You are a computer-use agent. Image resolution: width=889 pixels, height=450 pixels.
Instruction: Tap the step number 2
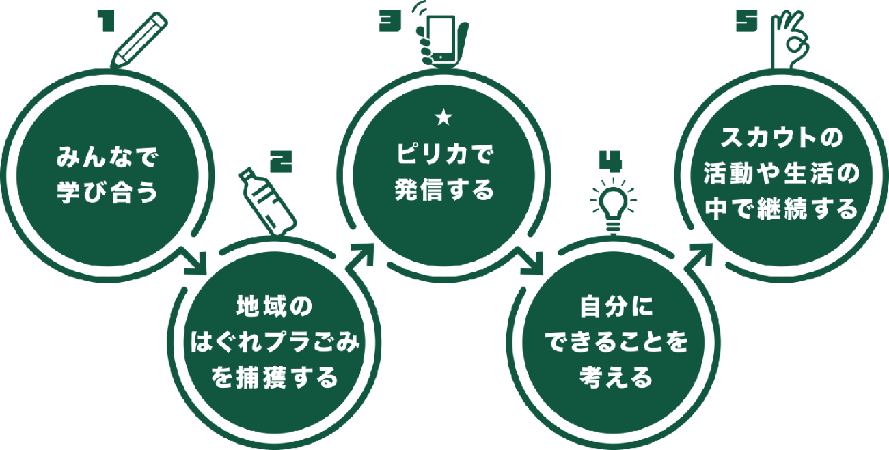(x=282, y=162)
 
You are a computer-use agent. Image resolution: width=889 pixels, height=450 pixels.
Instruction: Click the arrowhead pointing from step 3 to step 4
(x=530, y=264)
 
